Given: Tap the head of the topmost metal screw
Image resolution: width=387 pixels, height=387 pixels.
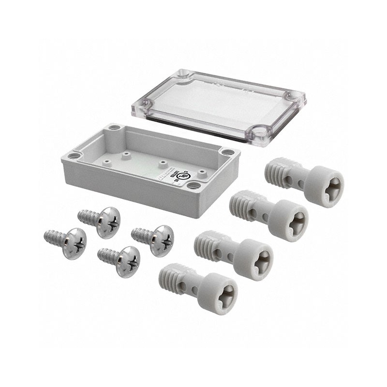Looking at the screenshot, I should (x=108, y=223).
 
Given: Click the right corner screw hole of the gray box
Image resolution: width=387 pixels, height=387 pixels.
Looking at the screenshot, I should (x=226, y=152).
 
